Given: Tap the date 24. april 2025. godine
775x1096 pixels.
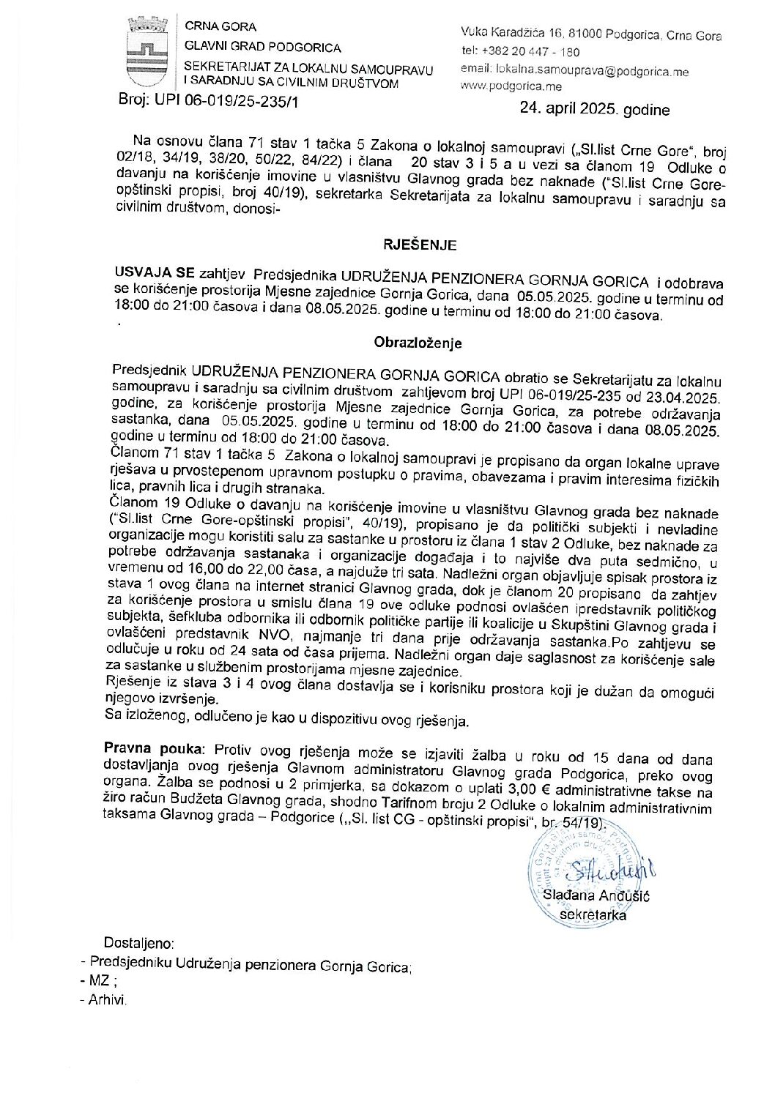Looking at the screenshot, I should click(594, 111).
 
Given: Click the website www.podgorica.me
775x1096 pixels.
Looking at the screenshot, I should click(512, 86).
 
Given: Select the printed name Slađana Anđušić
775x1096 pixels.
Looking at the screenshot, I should click(597, 895).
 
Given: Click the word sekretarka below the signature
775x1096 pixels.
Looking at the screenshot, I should click(593, 914).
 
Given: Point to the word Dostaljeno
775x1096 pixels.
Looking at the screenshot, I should click(138, 943).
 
